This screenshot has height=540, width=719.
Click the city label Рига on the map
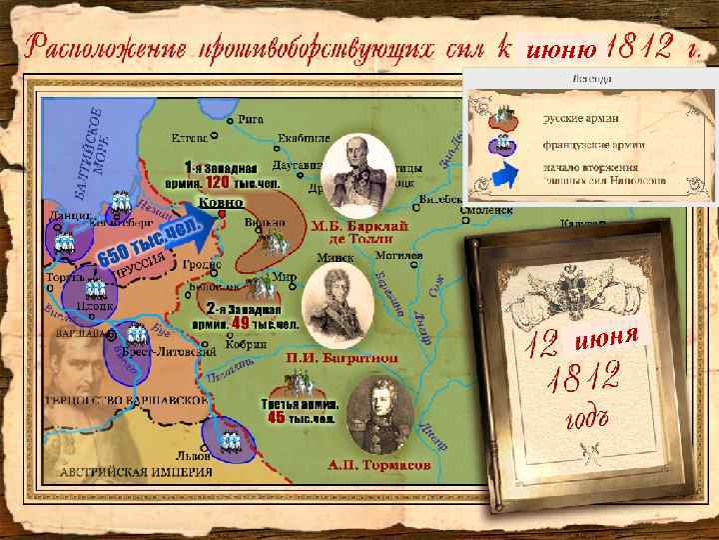pyautogui.click(x=255, y=117)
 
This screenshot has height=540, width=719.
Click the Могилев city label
pyautogui.click(x=393, y=255)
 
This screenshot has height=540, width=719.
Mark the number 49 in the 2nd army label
pyautogui.click(x=240, y=323)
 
